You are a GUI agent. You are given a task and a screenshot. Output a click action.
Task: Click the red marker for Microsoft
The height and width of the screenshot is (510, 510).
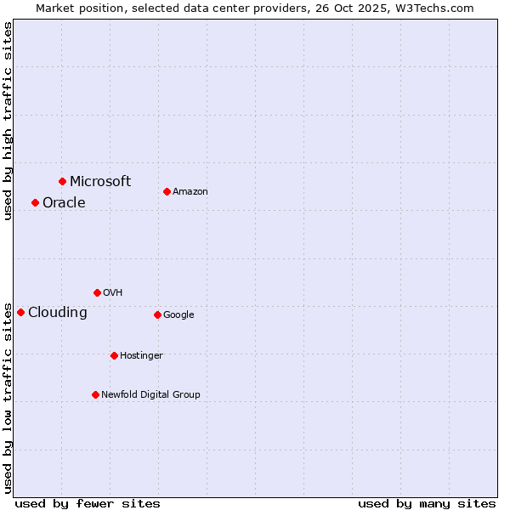point(62,181)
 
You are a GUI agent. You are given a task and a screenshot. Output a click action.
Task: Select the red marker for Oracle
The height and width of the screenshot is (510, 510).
point(35,202)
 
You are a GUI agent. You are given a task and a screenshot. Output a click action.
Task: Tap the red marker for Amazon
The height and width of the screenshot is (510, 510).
point(167,191)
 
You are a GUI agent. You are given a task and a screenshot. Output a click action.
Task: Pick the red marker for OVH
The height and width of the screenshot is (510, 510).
point(97,292)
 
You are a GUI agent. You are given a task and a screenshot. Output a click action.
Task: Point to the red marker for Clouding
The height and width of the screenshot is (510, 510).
point(20,312)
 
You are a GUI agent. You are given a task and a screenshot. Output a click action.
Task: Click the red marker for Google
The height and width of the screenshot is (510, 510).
point(157,314)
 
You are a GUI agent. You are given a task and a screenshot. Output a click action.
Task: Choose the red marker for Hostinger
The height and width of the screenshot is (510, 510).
point(114,355)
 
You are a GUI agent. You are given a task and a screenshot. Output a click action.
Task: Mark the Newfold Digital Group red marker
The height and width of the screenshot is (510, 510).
point(95,394)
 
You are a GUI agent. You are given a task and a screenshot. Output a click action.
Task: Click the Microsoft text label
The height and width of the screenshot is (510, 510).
point(100,181)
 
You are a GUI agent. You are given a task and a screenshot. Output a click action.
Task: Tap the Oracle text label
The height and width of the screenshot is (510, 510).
point(64,202)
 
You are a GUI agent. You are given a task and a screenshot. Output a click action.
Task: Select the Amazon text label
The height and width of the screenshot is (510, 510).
point(190,192)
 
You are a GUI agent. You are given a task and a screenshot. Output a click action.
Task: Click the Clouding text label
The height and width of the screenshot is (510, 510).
point(58,313)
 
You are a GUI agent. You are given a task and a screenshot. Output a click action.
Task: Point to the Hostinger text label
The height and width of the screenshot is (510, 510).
point(141,355)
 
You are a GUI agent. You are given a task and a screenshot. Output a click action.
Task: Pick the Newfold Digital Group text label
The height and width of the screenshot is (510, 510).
point(150,394)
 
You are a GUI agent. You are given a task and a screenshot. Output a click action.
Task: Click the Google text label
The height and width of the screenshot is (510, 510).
point(178,314)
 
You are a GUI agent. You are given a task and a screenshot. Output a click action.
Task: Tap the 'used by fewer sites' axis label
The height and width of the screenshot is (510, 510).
point(88,503)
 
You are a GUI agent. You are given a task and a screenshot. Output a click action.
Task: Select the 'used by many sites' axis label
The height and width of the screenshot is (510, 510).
point(427,503)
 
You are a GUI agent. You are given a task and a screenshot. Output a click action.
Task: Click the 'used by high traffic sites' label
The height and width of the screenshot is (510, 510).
point(8,121)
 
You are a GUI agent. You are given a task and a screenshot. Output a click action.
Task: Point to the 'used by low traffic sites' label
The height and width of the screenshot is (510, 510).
point(8,397)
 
